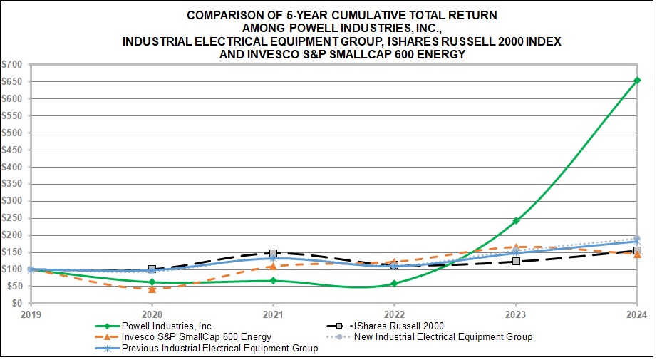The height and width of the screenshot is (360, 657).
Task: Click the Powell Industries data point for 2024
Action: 637,80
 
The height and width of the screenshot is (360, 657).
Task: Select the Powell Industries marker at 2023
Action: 516,220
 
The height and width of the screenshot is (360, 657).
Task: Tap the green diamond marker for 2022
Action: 394,284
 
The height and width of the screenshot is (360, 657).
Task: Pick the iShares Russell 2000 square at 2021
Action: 273,254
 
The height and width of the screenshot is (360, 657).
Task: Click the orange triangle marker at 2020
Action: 152,289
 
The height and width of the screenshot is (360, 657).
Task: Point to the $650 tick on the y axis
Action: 14,81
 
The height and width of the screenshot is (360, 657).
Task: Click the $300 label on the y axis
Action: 14,201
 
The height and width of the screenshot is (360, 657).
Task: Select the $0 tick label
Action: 19,303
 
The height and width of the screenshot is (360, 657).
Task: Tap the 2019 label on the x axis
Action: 31,314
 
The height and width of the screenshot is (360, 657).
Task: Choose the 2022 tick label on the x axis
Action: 394,314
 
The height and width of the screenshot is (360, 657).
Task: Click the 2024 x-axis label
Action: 636,314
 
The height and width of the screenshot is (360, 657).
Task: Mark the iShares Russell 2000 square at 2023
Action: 516,262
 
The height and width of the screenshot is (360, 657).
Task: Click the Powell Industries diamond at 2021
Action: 273,281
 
